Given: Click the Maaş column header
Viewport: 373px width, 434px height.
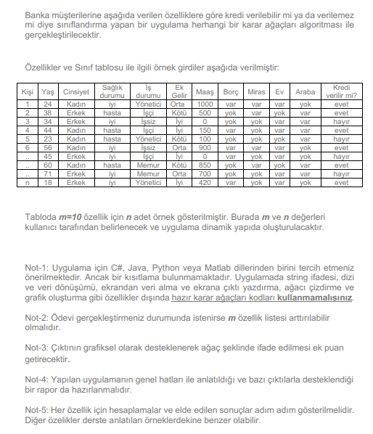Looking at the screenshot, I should (205, 92).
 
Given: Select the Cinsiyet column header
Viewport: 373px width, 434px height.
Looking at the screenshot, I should (76, 92).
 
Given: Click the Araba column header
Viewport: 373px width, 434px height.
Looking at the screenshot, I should (305, 92).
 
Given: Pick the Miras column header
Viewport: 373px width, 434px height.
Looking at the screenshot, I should (255, 92).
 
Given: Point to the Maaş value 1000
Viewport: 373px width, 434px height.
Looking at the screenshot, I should (205, 105).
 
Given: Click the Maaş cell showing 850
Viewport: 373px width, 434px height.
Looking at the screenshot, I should (205, 165).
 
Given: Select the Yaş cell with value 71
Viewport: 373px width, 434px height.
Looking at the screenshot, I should (48, 174).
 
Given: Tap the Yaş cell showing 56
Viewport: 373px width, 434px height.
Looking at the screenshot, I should (48, 147).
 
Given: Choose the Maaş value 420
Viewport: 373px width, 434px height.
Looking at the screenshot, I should (205, 183).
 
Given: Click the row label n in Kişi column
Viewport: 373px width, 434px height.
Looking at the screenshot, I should (28, 183).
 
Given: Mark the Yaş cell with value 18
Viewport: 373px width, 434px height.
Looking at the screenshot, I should (48, 183).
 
